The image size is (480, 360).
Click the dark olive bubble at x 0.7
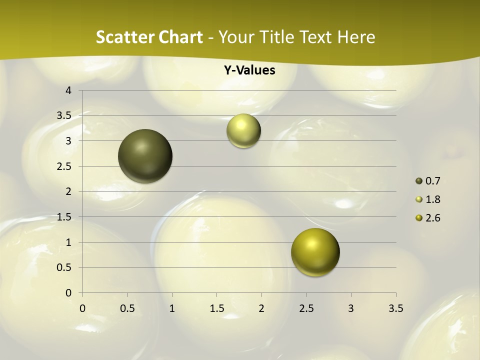pos(145,156)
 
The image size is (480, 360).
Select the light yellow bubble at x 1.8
pos(243,131)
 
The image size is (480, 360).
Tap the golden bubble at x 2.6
pos(315,252)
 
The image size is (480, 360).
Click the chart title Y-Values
pos(249,70)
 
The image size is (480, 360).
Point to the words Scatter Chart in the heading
pos(149,37)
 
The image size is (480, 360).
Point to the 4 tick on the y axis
pos(68,90)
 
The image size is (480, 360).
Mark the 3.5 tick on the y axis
pos(64,116)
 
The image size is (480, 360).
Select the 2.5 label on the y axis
pos(64,166)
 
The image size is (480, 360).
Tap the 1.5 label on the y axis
pos(64,217)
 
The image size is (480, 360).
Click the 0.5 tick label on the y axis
pos(64,267)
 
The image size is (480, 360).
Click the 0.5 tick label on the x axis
pos(127,308)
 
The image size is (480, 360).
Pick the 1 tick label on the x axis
pos(172,308)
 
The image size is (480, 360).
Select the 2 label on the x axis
pos(261,308)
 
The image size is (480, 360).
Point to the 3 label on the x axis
pos(351,308)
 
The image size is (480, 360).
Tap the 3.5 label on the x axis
pos(395,308)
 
